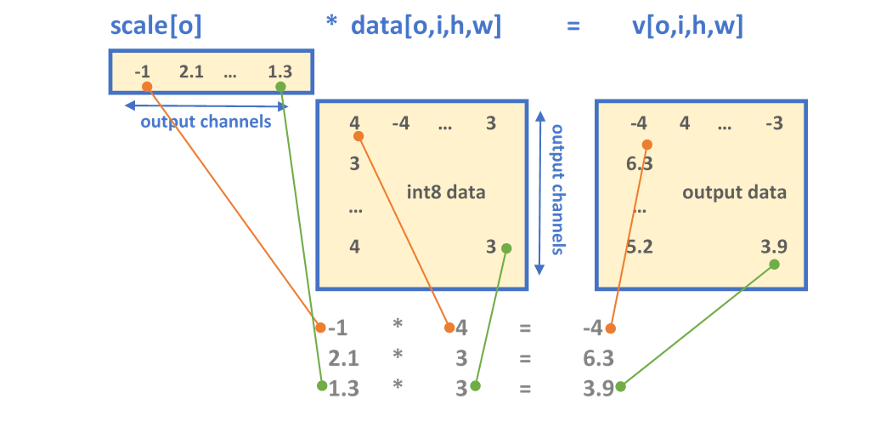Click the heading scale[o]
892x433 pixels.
[156, 26]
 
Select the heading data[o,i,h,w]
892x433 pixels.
[426, 26]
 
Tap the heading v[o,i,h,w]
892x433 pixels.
[688, 26]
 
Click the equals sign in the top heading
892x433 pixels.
[574, 26]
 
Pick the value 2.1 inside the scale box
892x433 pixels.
[191, 72]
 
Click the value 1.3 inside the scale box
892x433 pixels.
[279, 72]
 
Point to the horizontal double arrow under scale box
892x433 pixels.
[206, 105]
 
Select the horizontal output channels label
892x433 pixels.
[206, 122]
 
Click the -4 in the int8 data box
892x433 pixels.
[400, 123]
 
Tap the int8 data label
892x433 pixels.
[446, 191]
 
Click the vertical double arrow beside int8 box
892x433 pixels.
[539, 191]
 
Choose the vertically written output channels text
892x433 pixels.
[558, 190]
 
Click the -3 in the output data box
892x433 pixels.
[773, 123]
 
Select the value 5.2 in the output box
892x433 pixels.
[639, 247]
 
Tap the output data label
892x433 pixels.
[734, 191]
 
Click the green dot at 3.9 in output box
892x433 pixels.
[774, 265]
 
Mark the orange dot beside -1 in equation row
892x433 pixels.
[320, 328]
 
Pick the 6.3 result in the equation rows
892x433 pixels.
[599, 357]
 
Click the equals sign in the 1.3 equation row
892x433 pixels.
[525, 388]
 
